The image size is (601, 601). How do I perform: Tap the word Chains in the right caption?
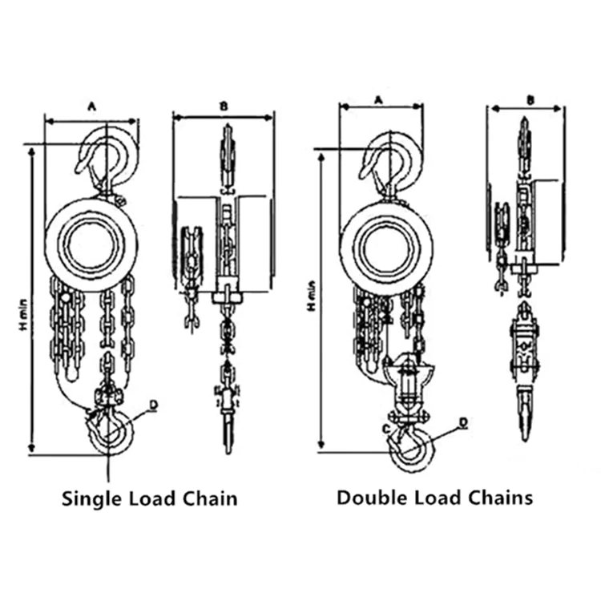tap(503, 498)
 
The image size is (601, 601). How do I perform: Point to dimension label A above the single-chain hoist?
tap(91, 106)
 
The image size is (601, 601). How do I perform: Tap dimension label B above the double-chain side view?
tap(530, 99)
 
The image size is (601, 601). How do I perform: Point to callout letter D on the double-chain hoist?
tap(463, 422)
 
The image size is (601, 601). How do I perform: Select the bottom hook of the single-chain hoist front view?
tap(110, 433)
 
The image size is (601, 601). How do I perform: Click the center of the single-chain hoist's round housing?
tap(91, 244)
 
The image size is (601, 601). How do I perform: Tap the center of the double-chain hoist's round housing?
tap(386, 246)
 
